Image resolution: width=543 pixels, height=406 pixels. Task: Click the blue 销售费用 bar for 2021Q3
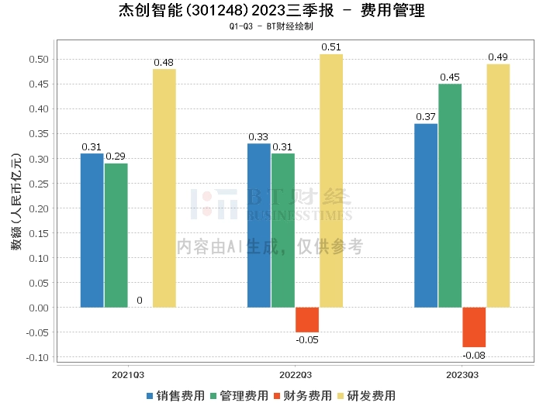92,230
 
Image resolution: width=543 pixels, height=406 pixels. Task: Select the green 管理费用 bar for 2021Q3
116,235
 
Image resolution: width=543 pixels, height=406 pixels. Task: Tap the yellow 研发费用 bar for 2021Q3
164,188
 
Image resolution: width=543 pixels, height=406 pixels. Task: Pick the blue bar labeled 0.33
259,225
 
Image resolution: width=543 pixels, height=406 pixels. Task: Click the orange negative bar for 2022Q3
307,320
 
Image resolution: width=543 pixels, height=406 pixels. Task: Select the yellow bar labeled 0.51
331,181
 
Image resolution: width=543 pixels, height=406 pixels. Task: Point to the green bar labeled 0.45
450,195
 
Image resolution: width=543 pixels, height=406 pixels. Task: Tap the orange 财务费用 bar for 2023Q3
474,327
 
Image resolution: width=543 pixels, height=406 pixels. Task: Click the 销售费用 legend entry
175,396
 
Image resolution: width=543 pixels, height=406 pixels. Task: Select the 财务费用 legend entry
303,396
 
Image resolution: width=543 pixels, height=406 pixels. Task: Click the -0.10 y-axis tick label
37,357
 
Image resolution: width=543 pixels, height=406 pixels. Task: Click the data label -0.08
474,355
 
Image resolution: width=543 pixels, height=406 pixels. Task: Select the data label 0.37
426,117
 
